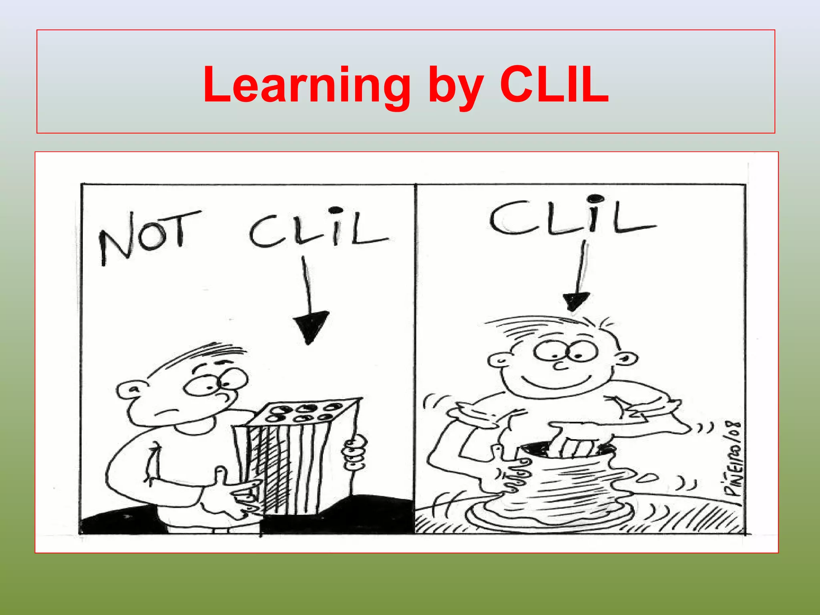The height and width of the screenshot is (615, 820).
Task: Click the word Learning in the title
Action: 307,85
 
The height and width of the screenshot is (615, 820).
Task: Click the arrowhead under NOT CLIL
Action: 311,326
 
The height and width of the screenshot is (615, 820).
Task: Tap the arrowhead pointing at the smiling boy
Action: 576,300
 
